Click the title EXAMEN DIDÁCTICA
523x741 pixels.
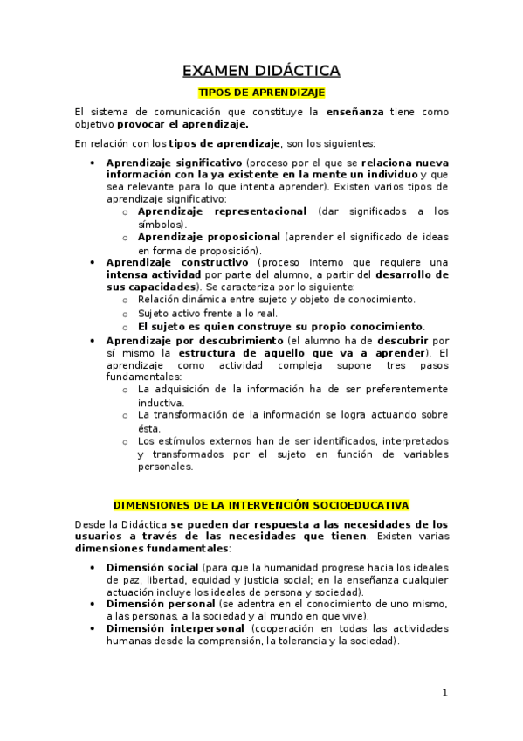point(261,71)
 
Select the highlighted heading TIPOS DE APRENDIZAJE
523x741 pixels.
point(262,92)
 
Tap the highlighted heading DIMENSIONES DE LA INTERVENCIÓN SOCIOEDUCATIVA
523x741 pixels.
point(261,505)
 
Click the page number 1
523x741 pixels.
point(444,693)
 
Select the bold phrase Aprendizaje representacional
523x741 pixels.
point(222,211)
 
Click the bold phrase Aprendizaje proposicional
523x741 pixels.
point(209,237)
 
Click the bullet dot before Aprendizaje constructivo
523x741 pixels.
point(93,262)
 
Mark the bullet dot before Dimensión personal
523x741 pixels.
point(93,604)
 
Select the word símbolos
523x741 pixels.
point(161,225)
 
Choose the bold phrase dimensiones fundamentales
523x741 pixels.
point(151,549)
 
